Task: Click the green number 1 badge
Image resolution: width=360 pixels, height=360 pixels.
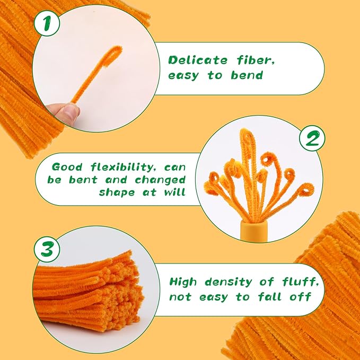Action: tap(47, 23)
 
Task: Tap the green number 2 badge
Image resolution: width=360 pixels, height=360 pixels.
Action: tap(312, 138)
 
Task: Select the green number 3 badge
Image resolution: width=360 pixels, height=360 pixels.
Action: tap(47, 249)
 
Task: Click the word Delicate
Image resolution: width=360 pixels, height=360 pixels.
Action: tap(198, 60)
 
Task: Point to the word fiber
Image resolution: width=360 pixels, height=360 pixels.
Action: tap(256, 60)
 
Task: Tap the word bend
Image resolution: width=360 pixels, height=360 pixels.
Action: tap(247, 75)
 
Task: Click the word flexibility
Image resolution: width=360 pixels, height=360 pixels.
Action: tap(122, 167)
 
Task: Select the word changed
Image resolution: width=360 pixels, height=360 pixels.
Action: tap(160, 180)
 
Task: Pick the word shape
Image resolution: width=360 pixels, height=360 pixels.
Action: tap(117, 192)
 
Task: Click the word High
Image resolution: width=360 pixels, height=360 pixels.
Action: tap(183, 282)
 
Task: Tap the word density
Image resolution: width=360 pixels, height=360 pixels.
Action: tap(228, 283)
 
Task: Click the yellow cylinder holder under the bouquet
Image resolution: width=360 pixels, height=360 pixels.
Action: tap(254, 231)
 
